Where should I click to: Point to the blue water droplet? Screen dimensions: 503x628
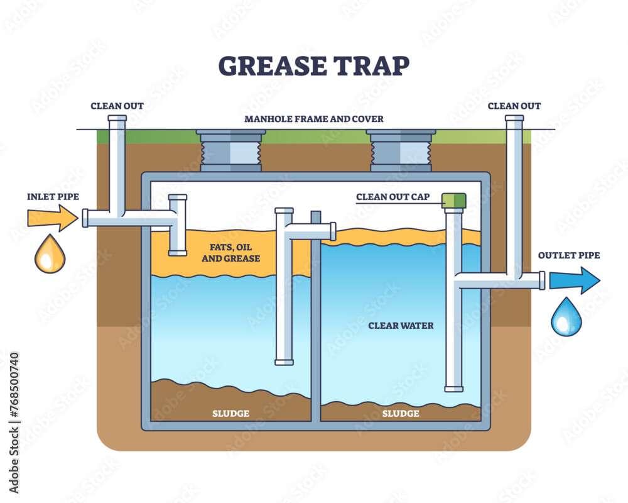coord(566,317)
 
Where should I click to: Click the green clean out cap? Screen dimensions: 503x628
coord(454,201)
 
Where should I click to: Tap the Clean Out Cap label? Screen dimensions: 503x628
coord(392,197)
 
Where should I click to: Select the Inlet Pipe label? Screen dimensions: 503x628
coord(53,197)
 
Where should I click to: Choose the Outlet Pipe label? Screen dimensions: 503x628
coord(568,255)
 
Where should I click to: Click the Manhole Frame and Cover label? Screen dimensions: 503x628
coord(313,119)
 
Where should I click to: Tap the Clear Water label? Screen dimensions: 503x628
coord(401,326)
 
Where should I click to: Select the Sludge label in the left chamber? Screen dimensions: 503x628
coord(230,413)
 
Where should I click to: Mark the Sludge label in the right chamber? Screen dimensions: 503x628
coord(401,413)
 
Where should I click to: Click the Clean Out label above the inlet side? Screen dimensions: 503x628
coord(117,106)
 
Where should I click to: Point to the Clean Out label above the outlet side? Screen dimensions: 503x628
coord(514,106)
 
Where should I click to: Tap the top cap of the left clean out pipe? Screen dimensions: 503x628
coord(117,118)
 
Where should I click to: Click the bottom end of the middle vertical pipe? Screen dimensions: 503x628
coord(284,362)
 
